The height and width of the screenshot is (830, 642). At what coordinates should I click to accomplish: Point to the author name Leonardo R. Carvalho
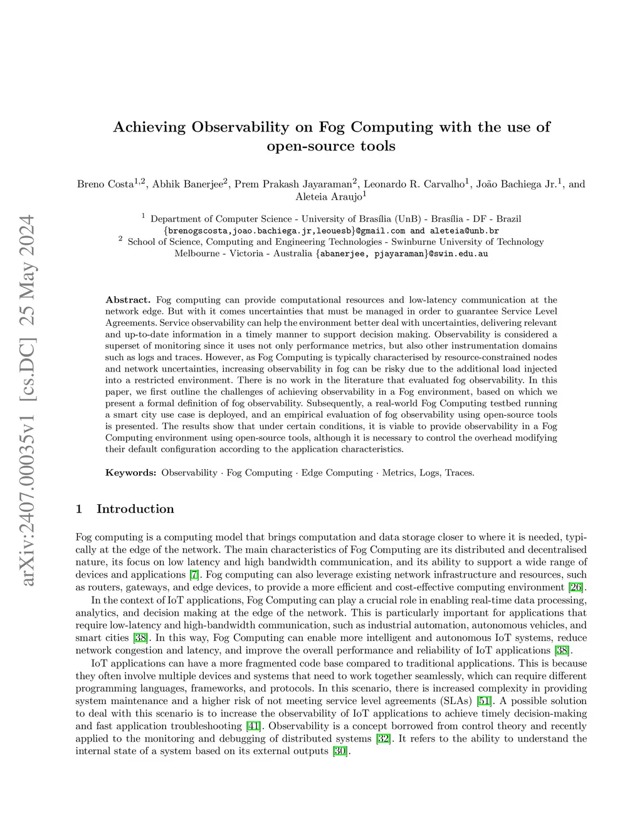414,184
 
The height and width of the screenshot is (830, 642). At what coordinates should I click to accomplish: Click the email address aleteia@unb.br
465,231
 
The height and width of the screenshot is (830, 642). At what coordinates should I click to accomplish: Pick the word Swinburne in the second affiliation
413,242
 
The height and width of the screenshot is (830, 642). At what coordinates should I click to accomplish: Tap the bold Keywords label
130,473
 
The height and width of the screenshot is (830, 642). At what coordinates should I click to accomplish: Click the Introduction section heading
135,509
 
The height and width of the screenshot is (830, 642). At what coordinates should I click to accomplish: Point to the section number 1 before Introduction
79,509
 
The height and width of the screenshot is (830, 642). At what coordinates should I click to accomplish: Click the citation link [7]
195,575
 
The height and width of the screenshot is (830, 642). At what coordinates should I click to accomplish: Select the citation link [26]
576,588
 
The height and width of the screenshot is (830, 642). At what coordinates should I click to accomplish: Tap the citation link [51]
484,701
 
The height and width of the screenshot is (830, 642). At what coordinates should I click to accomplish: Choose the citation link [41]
253,727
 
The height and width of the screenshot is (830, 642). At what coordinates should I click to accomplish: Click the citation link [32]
382,739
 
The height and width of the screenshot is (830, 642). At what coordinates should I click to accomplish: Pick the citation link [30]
339,752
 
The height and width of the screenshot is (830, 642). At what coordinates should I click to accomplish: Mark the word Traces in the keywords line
459,473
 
